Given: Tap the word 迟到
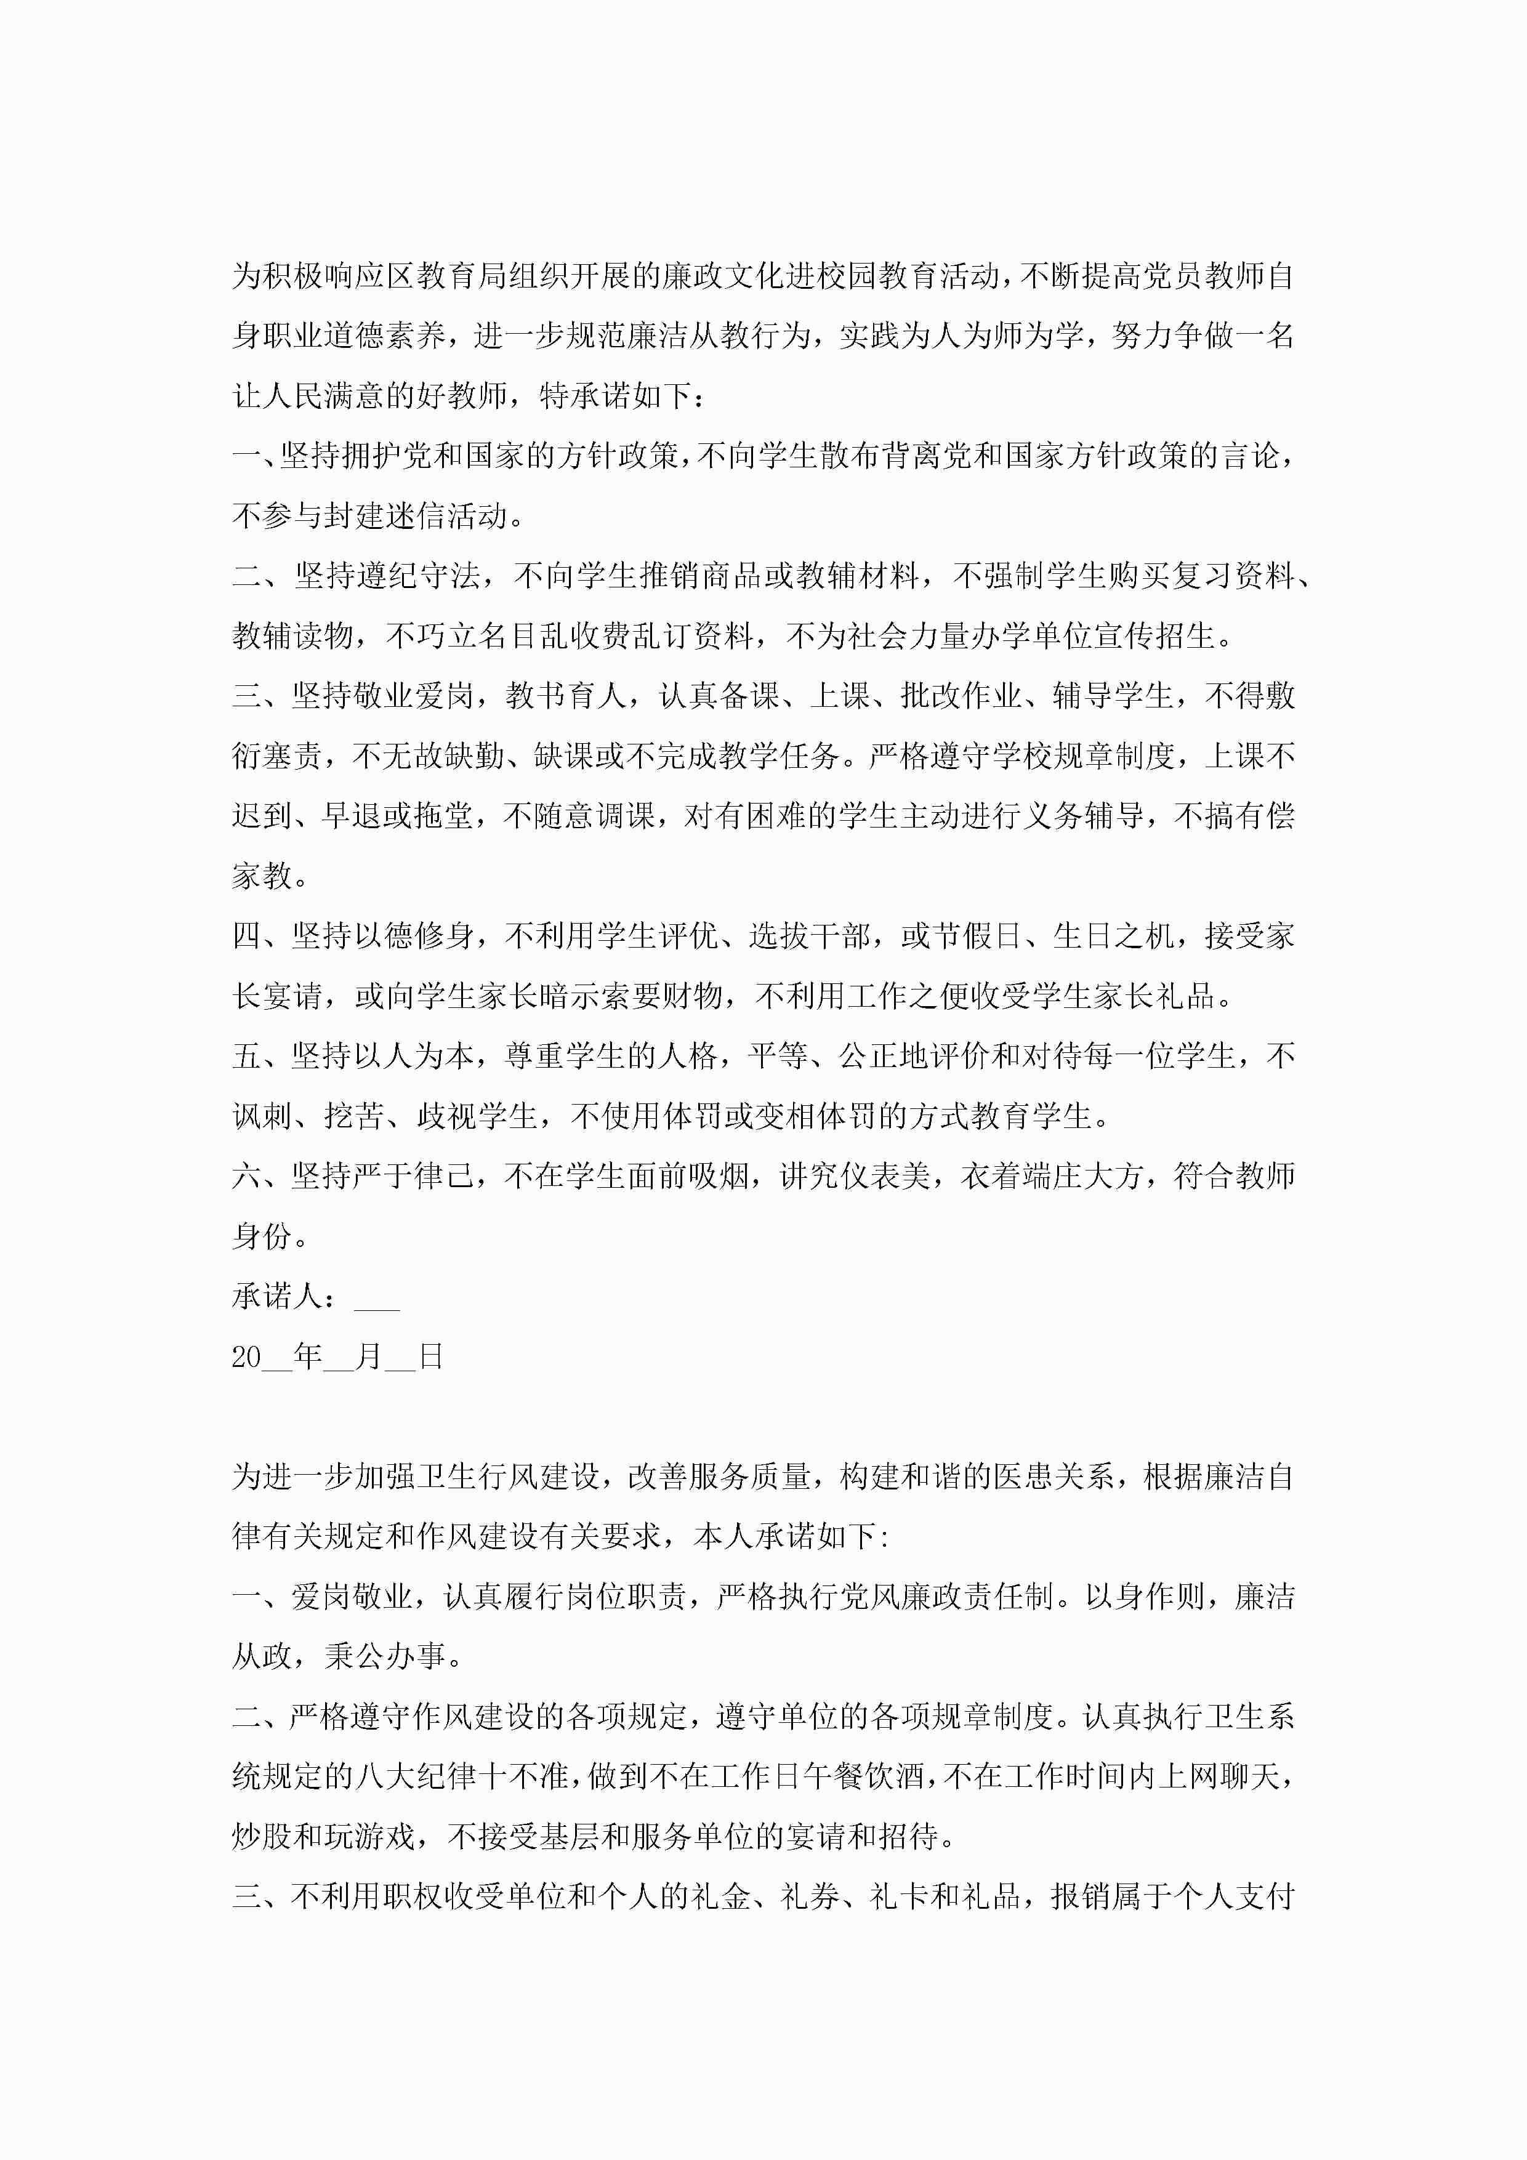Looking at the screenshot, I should click(262, 816).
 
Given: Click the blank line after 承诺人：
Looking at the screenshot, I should click(377, 1298).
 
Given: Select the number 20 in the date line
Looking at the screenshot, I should click(246, 1356).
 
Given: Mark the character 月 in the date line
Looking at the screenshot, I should click(369, 1356).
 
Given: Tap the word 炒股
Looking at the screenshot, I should click(262, 1837).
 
